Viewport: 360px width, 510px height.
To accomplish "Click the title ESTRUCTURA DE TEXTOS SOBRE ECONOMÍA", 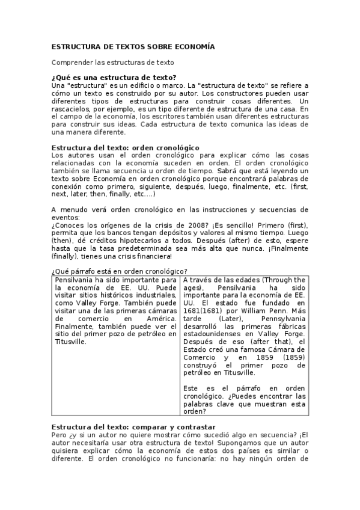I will (x=132, y=46).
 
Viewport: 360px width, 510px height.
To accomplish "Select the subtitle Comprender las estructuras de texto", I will (x=112, y=62).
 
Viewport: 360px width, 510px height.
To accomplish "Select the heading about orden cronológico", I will (x=126, y=147).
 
